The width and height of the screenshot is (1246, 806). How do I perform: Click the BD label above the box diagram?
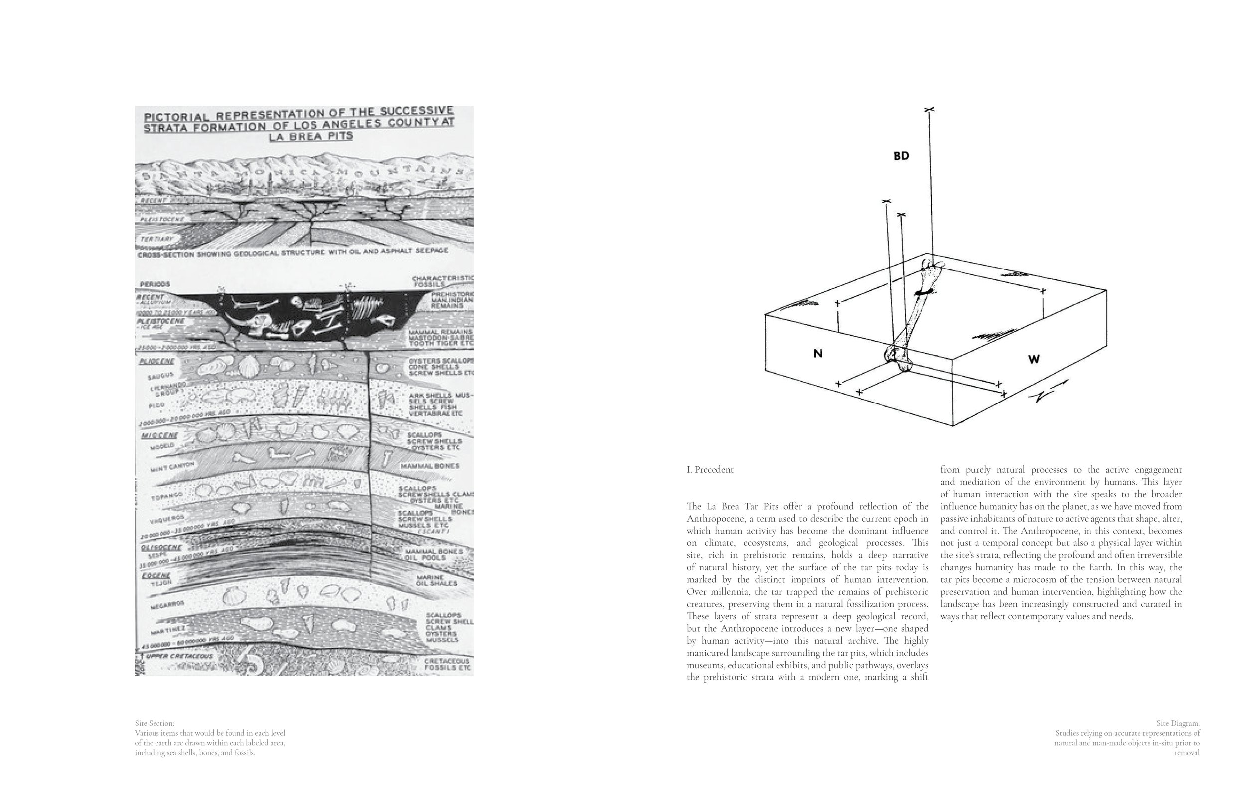(x=901, y=156)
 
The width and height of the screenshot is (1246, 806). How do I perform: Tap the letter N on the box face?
(x=818, y=354)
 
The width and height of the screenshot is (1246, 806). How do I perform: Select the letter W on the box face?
(x=1034, y=359)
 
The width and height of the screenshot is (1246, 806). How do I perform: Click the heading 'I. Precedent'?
(x=710, y=469)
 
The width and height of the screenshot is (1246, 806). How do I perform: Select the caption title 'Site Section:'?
(x=155, y=723)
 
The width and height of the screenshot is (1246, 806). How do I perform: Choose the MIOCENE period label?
(x=159, y=435)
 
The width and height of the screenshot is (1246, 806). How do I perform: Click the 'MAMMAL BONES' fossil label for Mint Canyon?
(x=429, y=466)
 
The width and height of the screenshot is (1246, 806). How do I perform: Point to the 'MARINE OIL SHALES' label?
(x=436, y=580)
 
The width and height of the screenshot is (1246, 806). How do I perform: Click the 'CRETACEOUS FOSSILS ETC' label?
(x=447, y=664)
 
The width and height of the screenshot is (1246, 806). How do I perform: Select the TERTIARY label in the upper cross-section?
(x=156, y=239)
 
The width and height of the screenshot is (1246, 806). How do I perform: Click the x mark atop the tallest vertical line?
(x=929, y=110)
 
